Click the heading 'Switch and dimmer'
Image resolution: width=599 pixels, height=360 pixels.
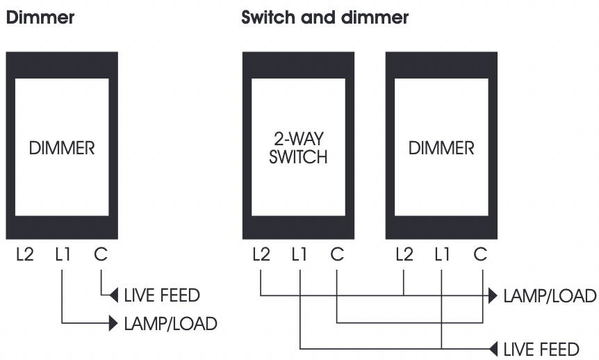coord(325,17)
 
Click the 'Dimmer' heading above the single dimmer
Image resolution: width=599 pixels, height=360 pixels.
coord(40,17)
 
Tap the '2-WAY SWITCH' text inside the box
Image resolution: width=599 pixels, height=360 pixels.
coord(298,148)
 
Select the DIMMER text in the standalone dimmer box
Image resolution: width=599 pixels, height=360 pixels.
coord(62,148)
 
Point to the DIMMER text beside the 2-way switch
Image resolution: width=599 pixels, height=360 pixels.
coord(441,148)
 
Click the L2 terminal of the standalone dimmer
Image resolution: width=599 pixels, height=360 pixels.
coord(25,254)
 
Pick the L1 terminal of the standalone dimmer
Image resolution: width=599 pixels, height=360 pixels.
coord(63,254)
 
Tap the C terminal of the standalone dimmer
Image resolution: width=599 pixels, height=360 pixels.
coord(101,254)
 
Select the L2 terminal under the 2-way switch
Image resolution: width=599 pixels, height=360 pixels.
coord(261,254)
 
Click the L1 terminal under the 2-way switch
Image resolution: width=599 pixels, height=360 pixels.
coord(299,254)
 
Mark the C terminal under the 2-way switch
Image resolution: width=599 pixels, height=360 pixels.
coord(337,254)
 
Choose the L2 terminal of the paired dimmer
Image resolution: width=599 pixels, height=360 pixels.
coord(404,254)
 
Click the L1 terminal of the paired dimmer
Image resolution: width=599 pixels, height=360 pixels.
coord(442,254)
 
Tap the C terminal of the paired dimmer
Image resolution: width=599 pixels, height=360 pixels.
coord(480,254)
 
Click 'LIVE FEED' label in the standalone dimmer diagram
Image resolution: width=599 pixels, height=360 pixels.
coord(162,295)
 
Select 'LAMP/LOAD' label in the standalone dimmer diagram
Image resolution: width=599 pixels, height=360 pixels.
coord(171,324)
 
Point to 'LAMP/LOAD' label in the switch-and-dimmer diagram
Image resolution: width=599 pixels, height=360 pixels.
coord(550,296)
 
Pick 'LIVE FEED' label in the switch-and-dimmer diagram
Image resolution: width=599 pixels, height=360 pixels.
coord(541,350)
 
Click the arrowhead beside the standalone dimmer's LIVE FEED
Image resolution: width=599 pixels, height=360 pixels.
coord(114,295)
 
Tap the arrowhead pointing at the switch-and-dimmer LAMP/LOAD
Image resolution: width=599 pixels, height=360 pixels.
coord(493,296)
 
